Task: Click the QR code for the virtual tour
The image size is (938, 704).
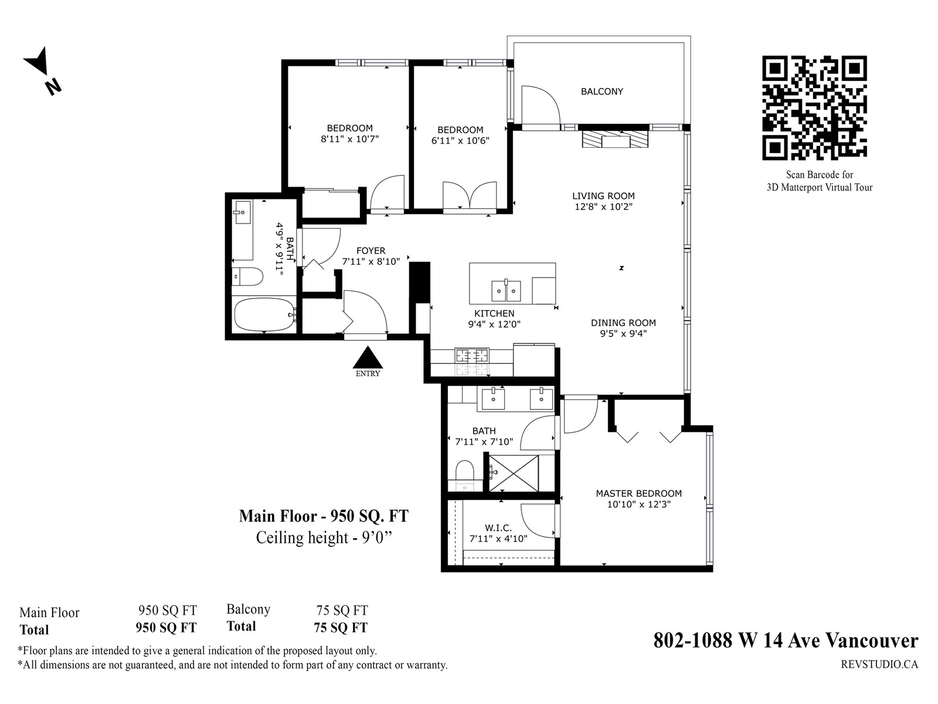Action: click(814, 108)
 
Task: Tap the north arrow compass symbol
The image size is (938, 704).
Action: click(42, 71)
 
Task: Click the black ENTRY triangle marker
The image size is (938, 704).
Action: click(368, 357)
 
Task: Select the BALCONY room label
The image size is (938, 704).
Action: click(601, 92)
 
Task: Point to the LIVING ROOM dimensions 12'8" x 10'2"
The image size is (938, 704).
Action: click(603, 207)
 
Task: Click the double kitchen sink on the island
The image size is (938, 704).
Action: click(507, 290)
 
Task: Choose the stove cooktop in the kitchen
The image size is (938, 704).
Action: click(472, 361)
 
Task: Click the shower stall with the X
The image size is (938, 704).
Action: click(514, 473)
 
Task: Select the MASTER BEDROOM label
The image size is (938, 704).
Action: click(639, 494)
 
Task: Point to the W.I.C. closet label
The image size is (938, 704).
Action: click(498, 529)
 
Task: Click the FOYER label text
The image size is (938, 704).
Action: click(371, 251)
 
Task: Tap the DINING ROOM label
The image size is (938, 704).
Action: click(623, 323)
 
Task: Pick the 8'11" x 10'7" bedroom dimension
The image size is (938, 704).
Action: click(350, 139)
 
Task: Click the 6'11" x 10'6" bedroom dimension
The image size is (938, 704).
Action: click(460, 141)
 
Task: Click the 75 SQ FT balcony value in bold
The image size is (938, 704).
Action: click(341, 628)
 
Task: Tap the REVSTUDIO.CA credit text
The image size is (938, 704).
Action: click(879, 665)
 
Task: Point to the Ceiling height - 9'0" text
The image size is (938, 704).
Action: click(324, 538)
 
